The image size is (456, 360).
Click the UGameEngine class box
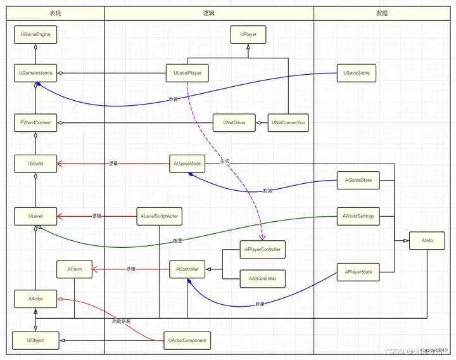coord(35,34)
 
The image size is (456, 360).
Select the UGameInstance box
coord(35,73)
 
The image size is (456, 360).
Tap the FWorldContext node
coord(35,122)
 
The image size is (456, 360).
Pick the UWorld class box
coord(35,164)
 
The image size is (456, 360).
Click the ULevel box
coord(35,216)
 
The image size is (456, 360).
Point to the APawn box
coord(75,269)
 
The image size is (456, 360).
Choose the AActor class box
coord(35,299)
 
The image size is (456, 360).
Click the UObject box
coord(35,340)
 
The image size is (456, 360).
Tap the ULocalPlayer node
coord(187,73)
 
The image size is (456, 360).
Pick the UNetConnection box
coord(288,122)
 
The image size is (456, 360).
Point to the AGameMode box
coord(187,164)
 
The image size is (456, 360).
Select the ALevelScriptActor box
coord(158,216)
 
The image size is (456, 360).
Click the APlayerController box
coord(262,250)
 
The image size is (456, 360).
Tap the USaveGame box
coord(357,73)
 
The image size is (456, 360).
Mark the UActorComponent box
coord(186,340)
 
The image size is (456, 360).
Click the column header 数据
coord(382,13)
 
